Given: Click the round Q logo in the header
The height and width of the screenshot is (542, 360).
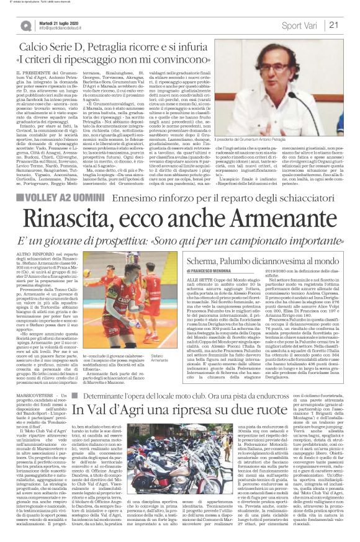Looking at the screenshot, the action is click(x=25, y=26).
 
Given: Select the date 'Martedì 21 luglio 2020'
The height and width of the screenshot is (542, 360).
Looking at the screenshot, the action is click(x=58, y=22).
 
